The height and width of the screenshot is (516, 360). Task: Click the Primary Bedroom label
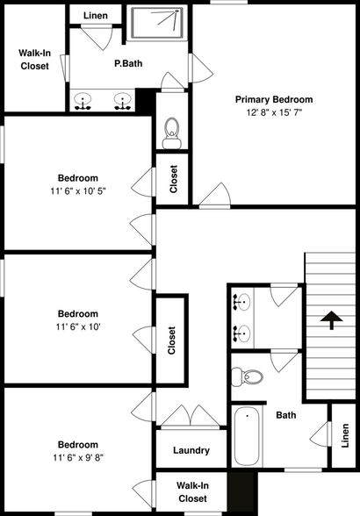point(273,99)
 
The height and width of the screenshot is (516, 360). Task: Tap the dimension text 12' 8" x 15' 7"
point(273,113)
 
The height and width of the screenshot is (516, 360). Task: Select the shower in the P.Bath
point(158,24)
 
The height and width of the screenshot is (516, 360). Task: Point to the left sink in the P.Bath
point(85,102)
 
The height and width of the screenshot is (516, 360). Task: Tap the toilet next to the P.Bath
point(172,130)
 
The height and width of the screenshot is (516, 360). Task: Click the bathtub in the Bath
point(247,436)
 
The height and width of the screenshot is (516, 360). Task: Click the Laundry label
point(191,450)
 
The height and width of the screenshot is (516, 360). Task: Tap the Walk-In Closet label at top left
point(33,58)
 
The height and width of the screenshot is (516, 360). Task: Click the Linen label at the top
point(97,16)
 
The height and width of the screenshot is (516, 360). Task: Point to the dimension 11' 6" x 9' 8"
point(78,458)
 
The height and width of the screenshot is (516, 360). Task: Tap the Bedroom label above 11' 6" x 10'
point(78,313)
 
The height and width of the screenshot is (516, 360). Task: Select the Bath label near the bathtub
point(285,415)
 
